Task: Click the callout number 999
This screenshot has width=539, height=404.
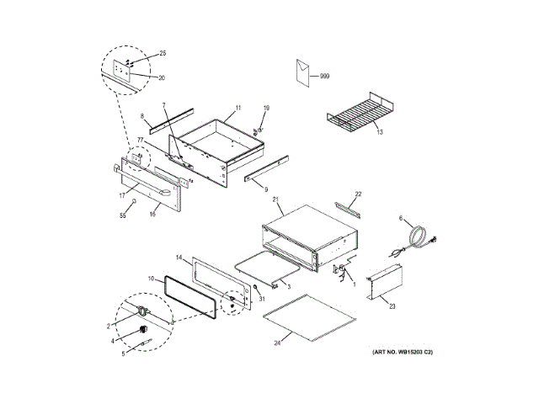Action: click(x=325, y=77)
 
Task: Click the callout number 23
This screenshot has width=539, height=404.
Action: click(x=392, y=306)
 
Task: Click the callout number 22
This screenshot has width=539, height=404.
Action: click(x=357, y=194)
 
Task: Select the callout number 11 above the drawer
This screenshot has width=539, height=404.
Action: click(x=238, y=108)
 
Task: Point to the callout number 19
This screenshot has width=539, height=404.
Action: click(x=266, y=109)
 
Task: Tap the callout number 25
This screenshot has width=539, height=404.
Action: click(x=163, y=53)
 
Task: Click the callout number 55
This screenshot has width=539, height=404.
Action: click(x=121, y=217)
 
